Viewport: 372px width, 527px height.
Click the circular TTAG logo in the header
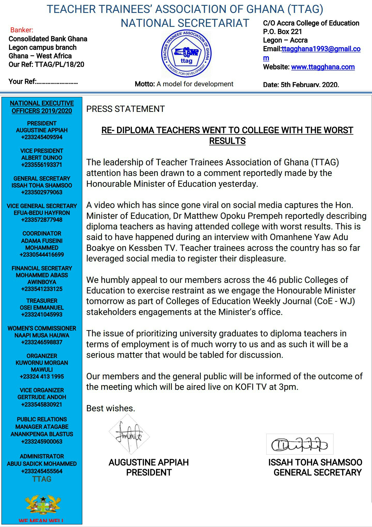pyautogui.click(x=186, y=54)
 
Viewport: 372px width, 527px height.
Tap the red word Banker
pyautogui.click(x=22, y=30)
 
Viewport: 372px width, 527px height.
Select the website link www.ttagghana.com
pyautogui.click(x=323, y=67)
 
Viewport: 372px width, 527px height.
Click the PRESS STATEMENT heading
pyautogui.click(x=125, y=109)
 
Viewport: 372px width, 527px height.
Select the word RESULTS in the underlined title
pyautogui.click(x=227, y=141)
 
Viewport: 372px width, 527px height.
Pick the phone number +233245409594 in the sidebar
pyautogui.click(x=42, y=137)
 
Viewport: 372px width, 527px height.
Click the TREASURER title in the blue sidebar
pyautogui.click(x=42, y=301)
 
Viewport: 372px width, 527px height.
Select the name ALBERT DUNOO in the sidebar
pyautogui.click(x=42, y=158)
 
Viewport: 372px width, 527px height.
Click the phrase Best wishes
pyautogui.click(x=111, y=408)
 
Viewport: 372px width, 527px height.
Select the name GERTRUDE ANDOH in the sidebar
pyautogui.click(x=42, y=397)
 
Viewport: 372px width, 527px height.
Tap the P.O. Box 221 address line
pyautogui.click(x=282, y=32)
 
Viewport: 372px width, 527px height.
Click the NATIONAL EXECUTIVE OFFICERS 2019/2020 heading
pyautogui.click(x=42, y=107)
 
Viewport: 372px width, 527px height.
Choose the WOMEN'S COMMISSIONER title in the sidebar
pyautogui.click(x=42, y=328)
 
